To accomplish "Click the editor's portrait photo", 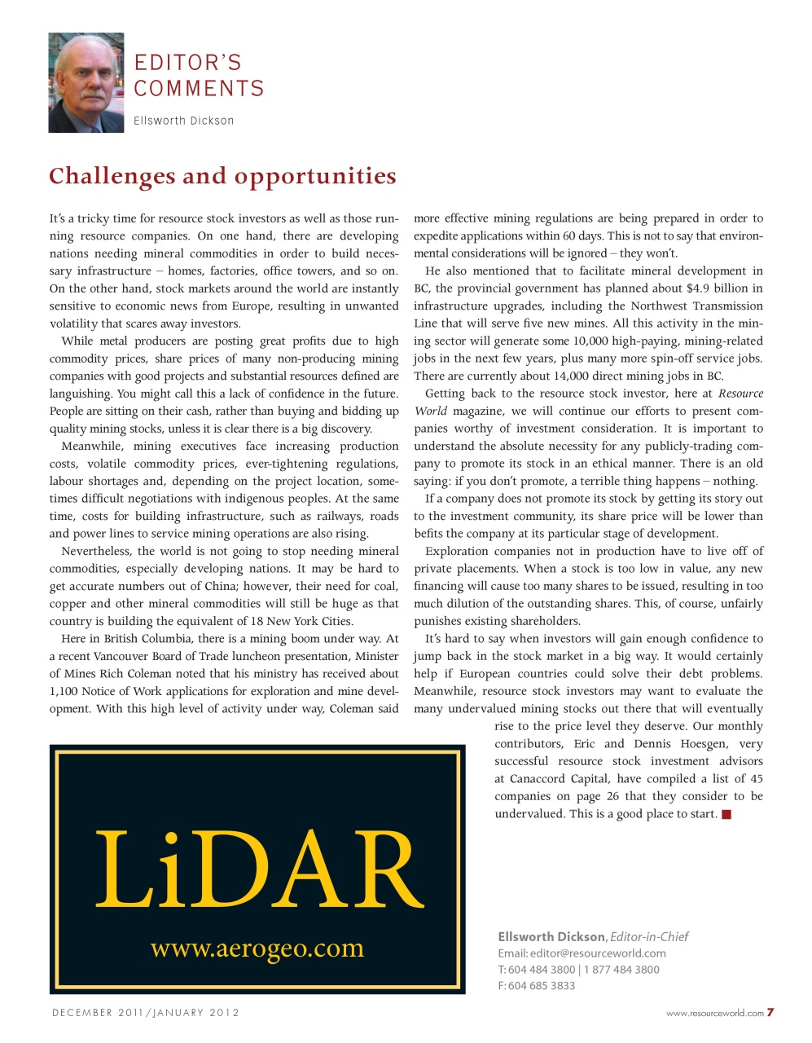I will click(86, 82).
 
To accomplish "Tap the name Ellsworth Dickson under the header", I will click(184, 121).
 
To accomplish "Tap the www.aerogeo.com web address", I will click(257, 948).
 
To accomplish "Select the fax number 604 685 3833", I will click(542, 985).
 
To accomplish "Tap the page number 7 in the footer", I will click(770, 1013).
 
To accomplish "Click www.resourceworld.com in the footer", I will click(714, 1014).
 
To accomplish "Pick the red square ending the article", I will click(726, 814).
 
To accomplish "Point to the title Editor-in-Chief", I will click(649, 937).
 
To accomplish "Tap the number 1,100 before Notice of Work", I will click(64, 691).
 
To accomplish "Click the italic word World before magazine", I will click(430, 411).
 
